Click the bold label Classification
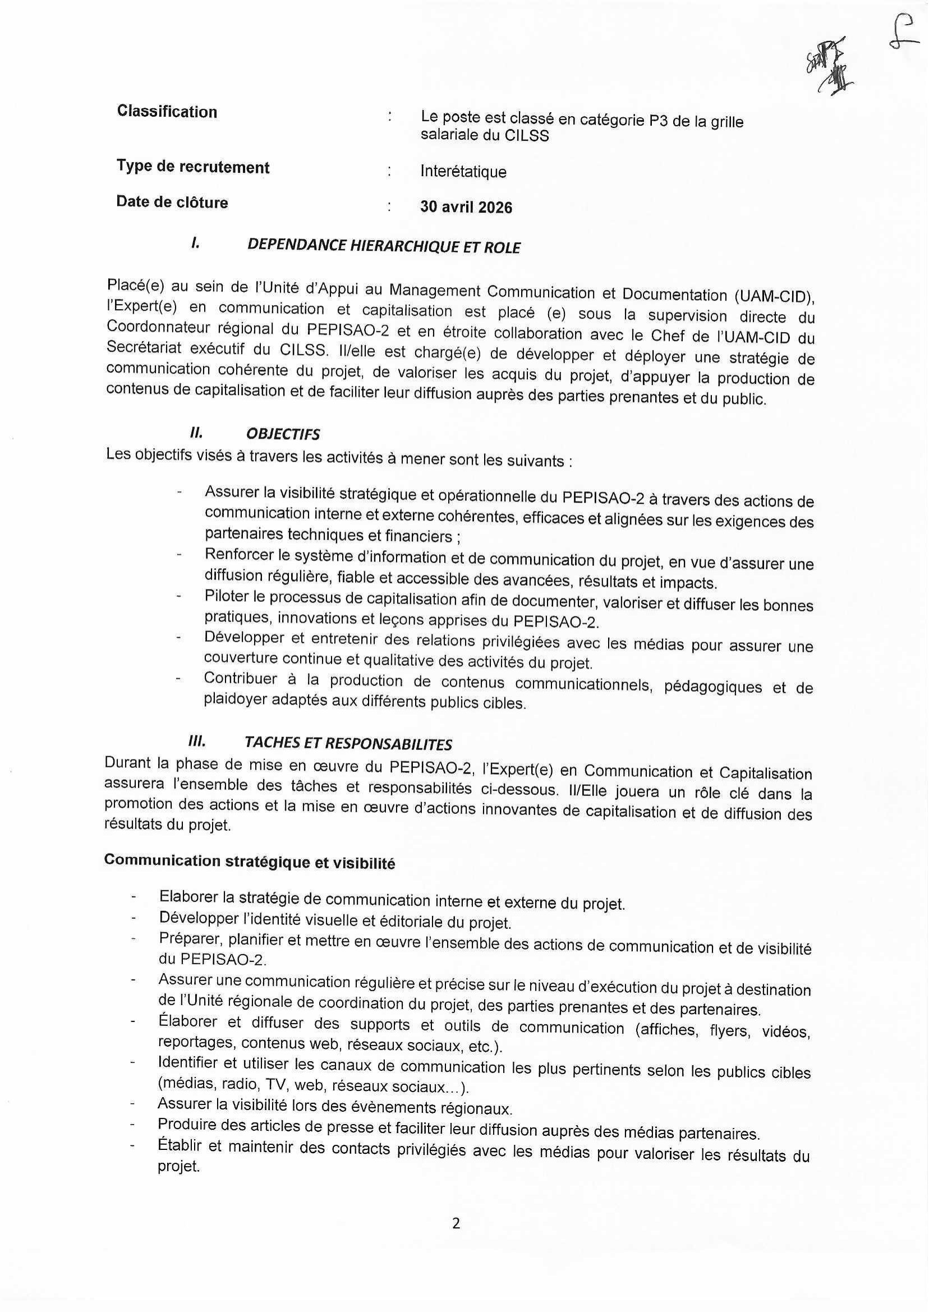pyautogui.click(x=167, y=112)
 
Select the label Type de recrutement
pyautogui.click(x=193, y=167)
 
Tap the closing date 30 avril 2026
pyautogui.click(x=466, y=207)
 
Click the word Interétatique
pyautogui.click(x=463, y=172)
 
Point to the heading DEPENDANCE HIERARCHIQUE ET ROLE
pyautogui.click(x=383, y=247)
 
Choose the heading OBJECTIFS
pyautogui.click(x=283, y=435)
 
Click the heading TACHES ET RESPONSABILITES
pyautogui.click(x=348, y=744)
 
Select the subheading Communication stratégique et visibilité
pyautogui.click(x=250, y=862)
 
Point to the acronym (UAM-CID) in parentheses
pyautogui.click(x=774, y=297)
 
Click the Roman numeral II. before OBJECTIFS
pyautogui.click(x=196, y=433)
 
